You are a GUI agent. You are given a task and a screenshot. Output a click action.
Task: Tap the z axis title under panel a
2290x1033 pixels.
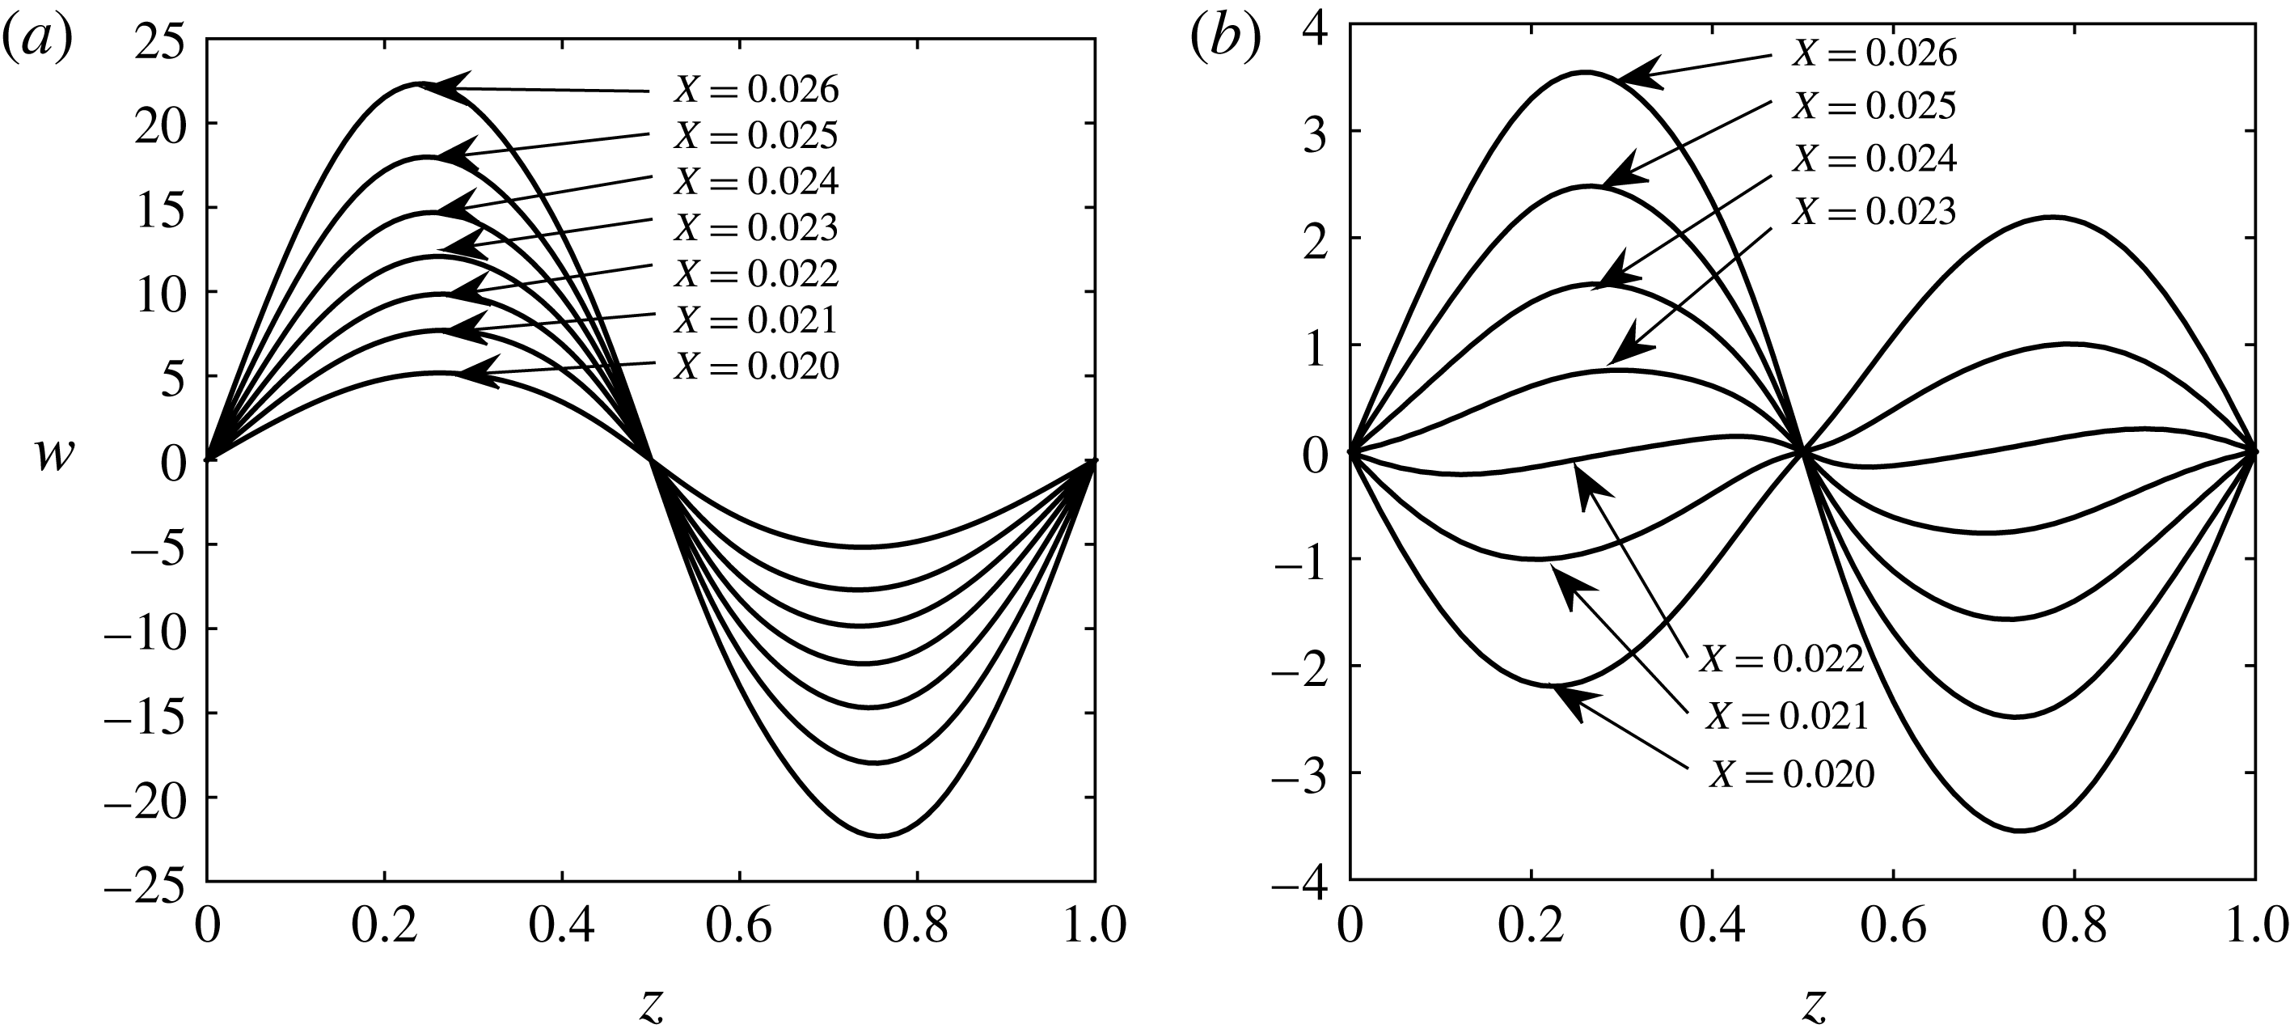tap(652, 1005)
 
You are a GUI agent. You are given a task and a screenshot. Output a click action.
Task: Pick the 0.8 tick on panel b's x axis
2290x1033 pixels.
tap(2074, 925)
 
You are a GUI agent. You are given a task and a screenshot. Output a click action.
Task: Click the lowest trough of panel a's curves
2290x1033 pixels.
tap(879, 836)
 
